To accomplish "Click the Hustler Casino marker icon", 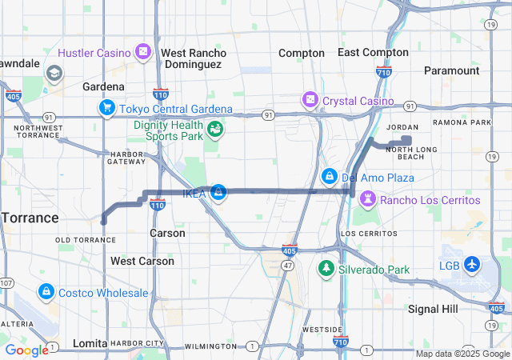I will tap(142, 53).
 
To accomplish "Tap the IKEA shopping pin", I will tap(217, 192).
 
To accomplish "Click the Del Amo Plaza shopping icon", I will tap(329, 176).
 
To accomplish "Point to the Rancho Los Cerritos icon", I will tap(367, 199).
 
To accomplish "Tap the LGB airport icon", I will tap(471, 265).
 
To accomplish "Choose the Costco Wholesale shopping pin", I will tap(46, 293).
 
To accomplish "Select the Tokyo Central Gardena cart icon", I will tap(106, 109).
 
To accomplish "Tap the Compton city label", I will tap(302, 53).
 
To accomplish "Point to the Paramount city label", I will tap(451, 70).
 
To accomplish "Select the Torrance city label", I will tap(29, 218).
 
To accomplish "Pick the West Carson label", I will tap(142, 261).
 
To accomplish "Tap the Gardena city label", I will tap(103, 86).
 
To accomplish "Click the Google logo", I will tap(26, 350).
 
